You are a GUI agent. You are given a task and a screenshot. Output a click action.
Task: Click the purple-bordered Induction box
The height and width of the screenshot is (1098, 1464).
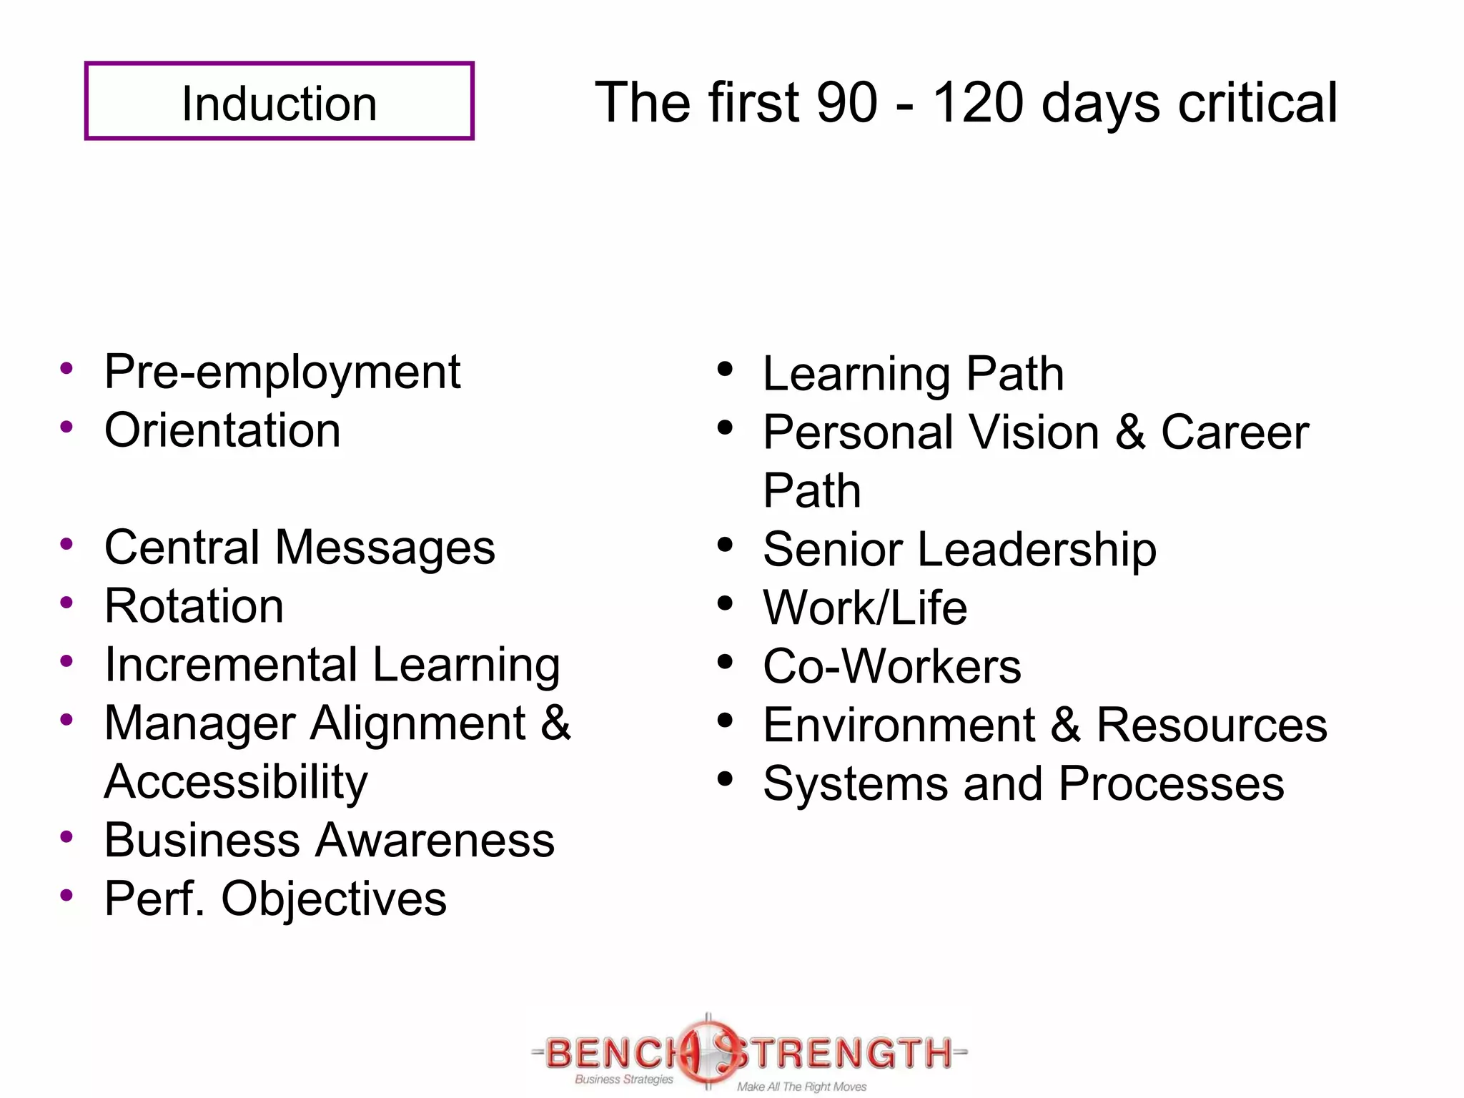279,101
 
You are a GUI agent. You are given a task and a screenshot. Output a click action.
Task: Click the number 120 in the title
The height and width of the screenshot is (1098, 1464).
978,103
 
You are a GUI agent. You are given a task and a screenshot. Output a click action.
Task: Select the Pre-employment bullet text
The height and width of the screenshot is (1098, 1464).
282,372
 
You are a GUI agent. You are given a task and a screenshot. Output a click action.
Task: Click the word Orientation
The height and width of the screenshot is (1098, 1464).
222,431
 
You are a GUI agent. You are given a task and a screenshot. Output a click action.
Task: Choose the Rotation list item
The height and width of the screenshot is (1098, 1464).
194,607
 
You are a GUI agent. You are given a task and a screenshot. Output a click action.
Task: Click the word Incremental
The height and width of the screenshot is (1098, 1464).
230,666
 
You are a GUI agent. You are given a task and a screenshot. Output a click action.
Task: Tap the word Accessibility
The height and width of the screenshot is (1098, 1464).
236,782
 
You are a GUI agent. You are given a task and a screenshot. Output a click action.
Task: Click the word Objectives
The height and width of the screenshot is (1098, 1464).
334,899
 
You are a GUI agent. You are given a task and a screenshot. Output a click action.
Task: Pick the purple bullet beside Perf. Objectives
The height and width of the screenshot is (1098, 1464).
66,895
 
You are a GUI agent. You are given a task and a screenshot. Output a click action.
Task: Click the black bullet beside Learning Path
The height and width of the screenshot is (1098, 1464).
725,370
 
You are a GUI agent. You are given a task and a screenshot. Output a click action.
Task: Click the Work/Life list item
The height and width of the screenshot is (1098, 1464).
865,608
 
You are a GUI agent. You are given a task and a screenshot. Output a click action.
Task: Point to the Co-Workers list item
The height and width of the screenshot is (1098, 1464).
892,667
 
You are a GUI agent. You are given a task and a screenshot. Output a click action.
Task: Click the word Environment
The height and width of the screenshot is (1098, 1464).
899,726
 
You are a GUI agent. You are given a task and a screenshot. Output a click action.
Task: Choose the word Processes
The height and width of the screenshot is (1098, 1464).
1171,784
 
